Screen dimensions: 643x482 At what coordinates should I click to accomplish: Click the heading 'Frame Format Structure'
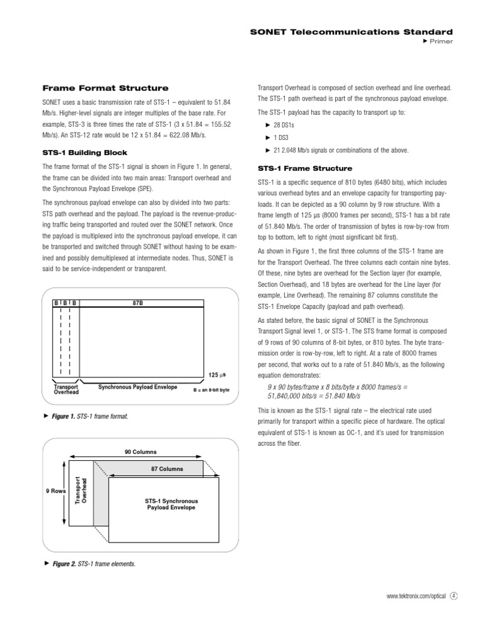105,88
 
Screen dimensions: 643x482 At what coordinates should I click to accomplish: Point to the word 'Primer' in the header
441,41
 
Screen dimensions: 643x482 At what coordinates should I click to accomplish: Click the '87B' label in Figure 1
138,303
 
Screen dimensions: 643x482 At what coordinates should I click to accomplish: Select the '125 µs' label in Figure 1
217,375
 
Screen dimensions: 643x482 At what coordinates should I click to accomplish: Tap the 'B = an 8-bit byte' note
211,390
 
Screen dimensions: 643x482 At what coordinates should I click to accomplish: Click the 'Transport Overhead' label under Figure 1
66,389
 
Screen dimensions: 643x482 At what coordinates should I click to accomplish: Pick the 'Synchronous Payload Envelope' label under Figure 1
137,387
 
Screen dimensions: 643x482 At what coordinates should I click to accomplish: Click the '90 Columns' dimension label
141,452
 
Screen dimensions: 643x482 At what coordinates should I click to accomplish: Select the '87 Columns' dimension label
167,469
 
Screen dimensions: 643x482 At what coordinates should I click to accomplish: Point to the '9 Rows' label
56,491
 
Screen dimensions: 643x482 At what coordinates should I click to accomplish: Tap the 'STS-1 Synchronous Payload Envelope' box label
171,504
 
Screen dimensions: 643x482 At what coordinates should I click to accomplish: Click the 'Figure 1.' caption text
63,417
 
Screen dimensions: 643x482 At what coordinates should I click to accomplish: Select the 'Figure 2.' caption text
63,563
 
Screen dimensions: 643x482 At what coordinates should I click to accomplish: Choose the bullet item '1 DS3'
283,138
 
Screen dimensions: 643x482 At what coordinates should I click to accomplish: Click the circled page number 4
454,597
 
